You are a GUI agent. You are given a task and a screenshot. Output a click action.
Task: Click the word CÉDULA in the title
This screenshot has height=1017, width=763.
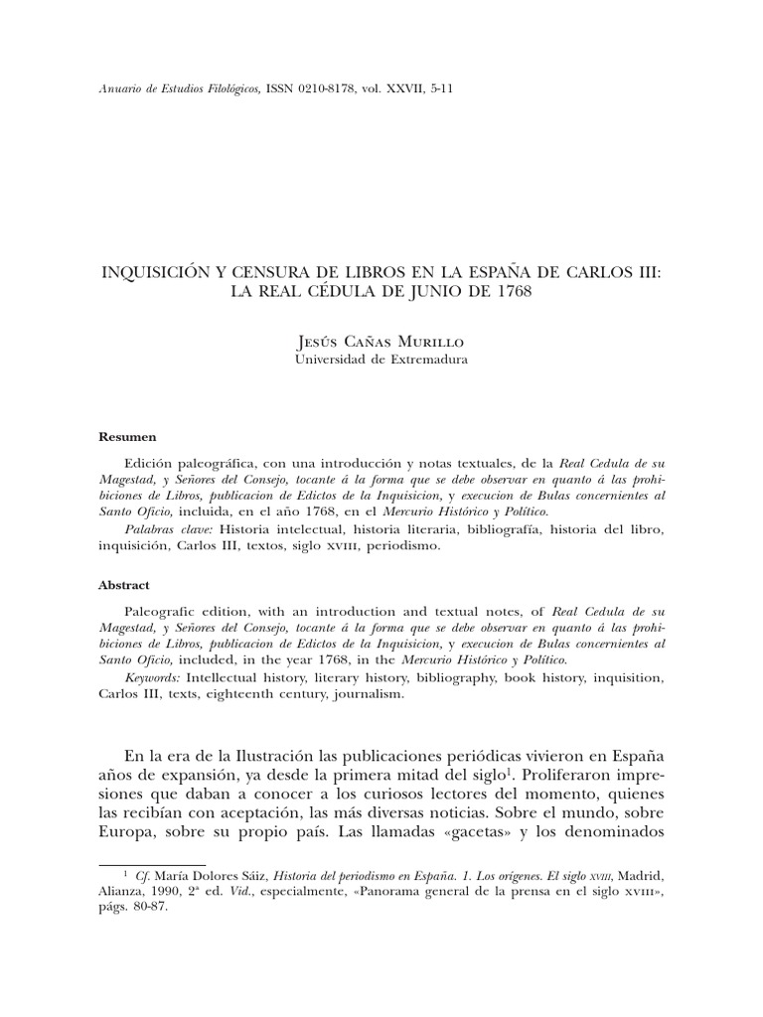click(x=320, y=295)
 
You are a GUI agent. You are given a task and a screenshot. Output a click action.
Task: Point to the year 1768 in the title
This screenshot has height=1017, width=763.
click(x=510, y=295)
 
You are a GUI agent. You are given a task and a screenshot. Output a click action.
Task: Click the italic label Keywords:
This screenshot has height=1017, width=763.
click(x=153, y=676)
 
